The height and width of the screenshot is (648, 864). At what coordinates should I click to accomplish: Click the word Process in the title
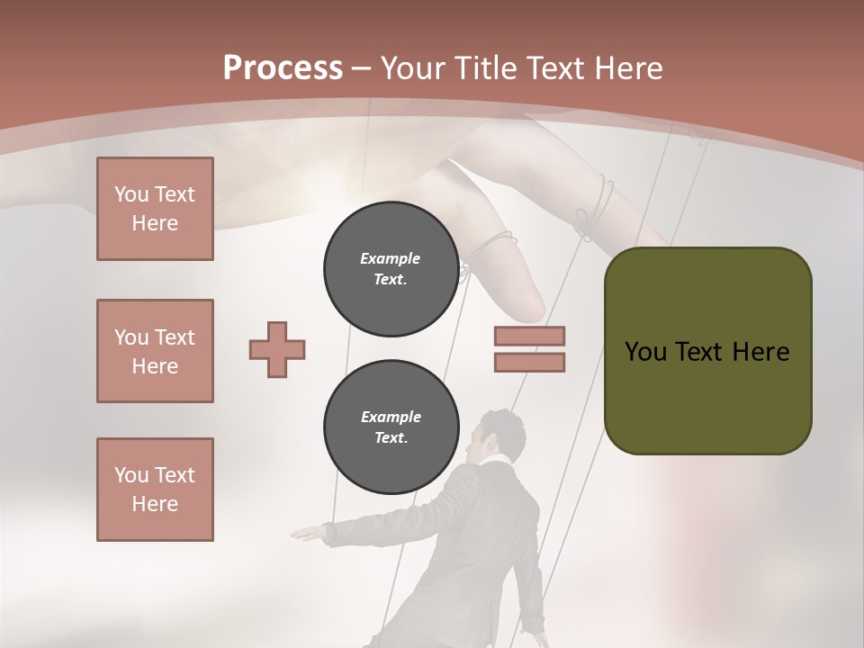283,67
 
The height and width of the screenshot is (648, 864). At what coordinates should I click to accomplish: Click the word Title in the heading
485,68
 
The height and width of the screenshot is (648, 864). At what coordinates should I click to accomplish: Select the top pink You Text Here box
155,209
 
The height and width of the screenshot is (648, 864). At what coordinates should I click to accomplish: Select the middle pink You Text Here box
155,351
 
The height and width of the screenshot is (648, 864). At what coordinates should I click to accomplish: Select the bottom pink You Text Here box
155,490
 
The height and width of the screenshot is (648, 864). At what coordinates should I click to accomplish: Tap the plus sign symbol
277,350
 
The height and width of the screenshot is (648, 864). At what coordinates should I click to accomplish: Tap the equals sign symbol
529,350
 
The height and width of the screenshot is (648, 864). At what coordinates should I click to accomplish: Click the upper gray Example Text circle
390,268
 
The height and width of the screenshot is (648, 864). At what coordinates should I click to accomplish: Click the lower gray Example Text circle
390,427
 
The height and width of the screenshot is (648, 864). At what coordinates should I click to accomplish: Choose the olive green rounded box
707,351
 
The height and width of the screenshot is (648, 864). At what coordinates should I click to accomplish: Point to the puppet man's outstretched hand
307,534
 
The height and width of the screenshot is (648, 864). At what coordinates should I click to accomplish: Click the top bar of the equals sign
529,337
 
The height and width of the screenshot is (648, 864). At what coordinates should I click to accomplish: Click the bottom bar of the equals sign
529,363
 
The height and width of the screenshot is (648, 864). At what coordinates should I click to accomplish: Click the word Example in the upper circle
390,258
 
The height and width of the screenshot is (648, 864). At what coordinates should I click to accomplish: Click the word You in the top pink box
130,194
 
